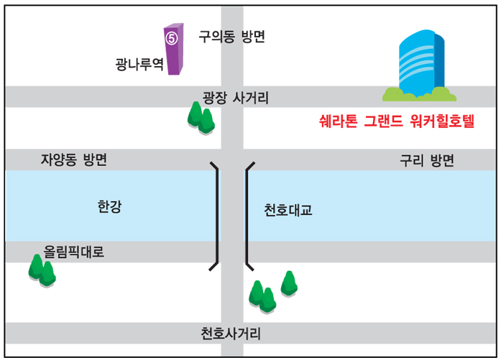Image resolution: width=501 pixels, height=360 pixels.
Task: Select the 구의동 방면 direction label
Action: point(231,37)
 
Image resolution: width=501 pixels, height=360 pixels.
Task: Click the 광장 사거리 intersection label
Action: point(236,98)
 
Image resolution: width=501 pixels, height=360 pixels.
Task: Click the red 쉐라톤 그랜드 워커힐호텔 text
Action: point(397,121)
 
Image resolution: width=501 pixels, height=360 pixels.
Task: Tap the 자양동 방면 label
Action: point(74,160)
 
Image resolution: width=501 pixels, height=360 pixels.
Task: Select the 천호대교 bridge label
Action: point(288,211)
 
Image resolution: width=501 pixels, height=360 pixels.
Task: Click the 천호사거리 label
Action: point(231,334)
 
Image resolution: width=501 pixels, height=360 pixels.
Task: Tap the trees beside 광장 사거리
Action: point(201,117)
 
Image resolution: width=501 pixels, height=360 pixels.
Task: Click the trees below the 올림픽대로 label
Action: point(42,271)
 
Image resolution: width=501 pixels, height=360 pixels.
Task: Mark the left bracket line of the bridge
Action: point(216,216)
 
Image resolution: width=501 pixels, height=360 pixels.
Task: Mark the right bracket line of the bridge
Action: point(247,216)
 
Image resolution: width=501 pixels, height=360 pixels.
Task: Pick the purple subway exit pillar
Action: point(174,50)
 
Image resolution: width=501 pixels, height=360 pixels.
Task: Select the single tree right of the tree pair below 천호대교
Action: point(289,283)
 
